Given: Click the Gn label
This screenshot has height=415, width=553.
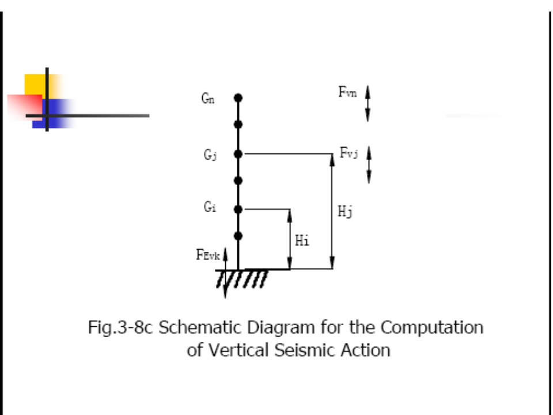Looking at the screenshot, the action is pos(208,99).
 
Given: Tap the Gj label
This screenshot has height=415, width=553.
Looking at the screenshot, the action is pos(209,155).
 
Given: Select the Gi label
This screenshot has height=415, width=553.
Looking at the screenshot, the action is pos(209,208).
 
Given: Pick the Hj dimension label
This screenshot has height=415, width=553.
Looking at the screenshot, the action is pos(345,212).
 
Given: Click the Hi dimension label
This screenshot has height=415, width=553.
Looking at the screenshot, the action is pos(302,241).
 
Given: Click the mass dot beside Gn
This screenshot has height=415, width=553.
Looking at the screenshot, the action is pos(238,98).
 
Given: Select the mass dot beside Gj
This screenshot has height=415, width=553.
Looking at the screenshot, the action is pos(238,154).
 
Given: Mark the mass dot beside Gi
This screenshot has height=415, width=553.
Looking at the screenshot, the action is pos(238,209).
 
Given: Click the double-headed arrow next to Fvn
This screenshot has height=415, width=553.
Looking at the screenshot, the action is pos(368,103).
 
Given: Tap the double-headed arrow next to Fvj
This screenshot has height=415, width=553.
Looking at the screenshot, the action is pos(369,164).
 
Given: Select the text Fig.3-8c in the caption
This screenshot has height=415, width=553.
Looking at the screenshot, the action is pos(121,328).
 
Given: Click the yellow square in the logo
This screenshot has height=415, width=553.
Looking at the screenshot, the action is pos(36,85).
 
